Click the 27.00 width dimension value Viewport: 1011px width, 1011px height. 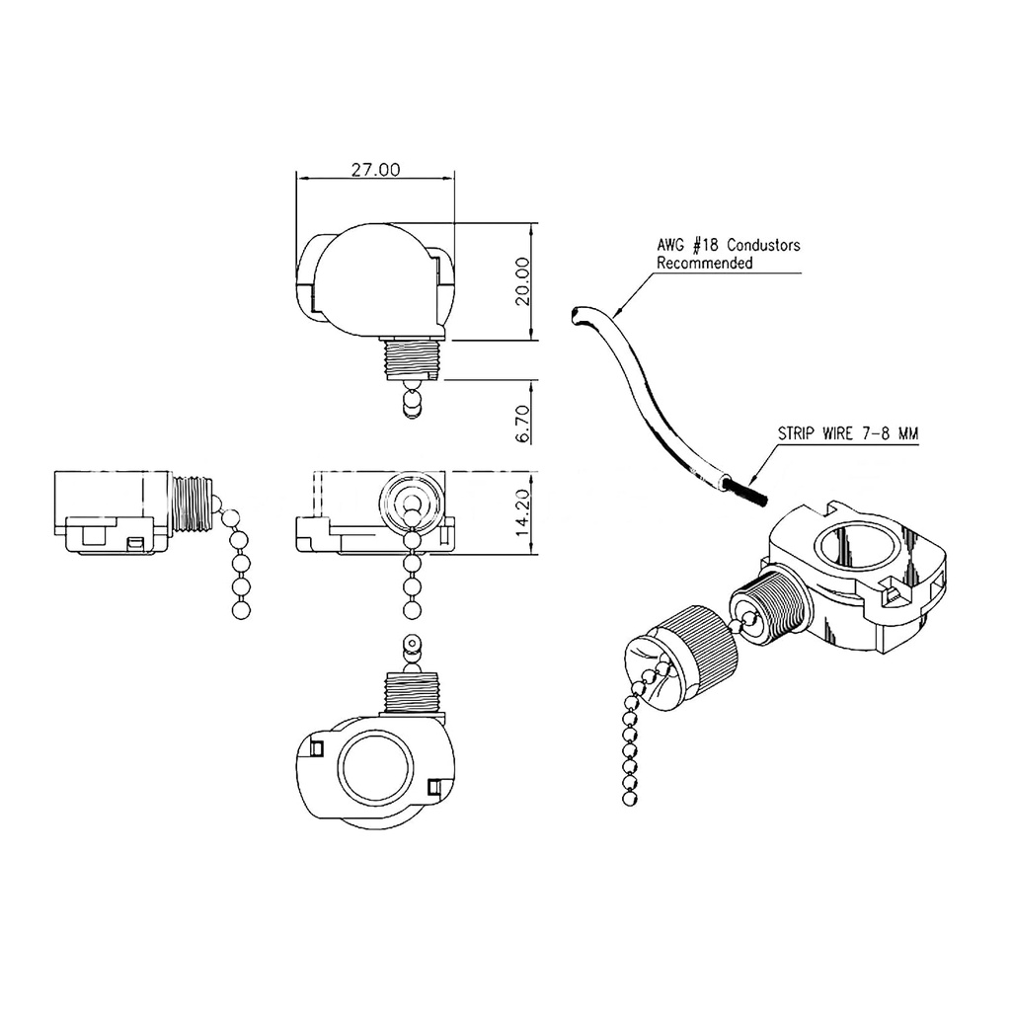tap(375, 169)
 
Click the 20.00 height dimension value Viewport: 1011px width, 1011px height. tap(522, 281)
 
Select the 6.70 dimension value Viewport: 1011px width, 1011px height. tap(522, 422)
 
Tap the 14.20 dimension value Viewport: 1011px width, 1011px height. tap(522, 511)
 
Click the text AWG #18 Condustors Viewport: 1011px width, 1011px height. tap(729, 245)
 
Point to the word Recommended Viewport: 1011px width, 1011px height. tap(705, 264)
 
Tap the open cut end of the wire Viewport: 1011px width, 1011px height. tap(575, 315)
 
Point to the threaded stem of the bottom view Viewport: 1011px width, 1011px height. tap(412, 690)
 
